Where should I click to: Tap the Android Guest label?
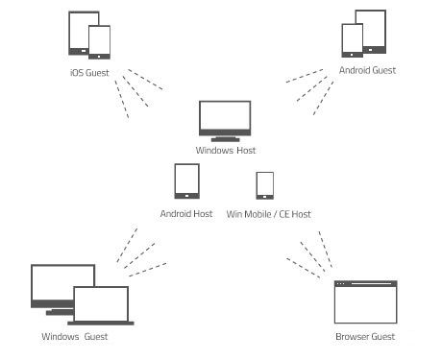367,70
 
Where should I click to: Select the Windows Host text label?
226,151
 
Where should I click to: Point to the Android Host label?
186,213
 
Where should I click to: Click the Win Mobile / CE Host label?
268,213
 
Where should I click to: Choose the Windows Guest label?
74,337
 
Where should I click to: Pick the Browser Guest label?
365,337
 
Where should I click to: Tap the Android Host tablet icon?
186,181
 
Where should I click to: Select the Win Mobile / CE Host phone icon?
265,185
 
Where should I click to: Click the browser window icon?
365,303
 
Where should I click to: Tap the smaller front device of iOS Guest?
99,42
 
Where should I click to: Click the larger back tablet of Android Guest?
371,29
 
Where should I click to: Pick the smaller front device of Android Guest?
353,41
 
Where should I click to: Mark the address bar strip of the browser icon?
365,284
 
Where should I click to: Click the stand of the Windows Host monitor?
226,137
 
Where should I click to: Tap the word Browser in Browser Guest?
352,337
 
